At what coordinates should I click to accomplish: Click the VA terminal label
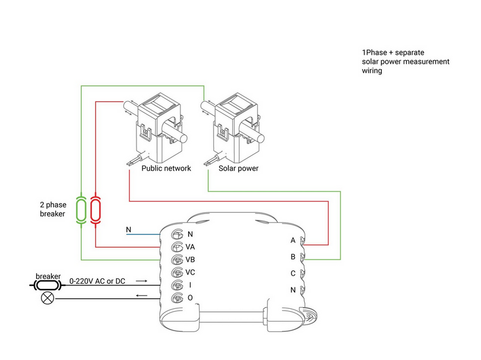coord(190,247)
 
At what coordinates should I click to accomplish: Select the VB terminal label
coord(190,260)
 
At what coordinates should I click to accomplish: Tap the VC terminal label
coord(190,272)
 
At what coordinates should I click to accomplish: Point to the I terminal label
coord(190,285)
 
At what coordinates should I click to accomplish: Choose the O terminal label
coord(190,297)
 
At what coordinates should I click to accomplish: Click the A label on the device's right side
coord(293,240)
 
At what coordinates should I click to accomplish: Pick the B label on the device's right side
coord(293,257)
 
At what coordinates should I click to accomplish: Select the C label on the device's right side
coord(293,273)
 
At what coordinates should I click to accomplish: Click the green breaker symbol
coord(81,210)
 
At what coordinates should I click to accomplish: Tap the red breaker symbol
coord(96,210)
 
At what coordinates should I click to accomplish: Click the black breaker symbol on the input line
coord(47,285)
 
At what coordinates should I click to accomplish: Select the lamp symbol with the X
coord(47,298)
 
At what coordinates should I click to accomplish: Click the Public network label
coord(167,168)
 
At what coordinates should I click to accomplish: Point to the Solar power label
coord(238,168)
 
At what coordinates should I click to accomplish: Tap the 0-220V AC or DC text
coord(97,281)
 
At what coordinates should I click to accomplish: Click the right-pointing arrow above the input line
coord(142,281)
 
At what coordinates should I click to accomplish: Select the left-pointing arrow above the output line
coord(142,296)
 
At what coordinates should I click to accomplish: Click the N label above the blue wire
coord(129,230)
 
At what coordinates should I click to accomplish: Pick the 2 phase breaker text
coord(53,209)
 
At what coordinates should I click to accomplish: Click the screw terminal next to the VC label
coord(177,272)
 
